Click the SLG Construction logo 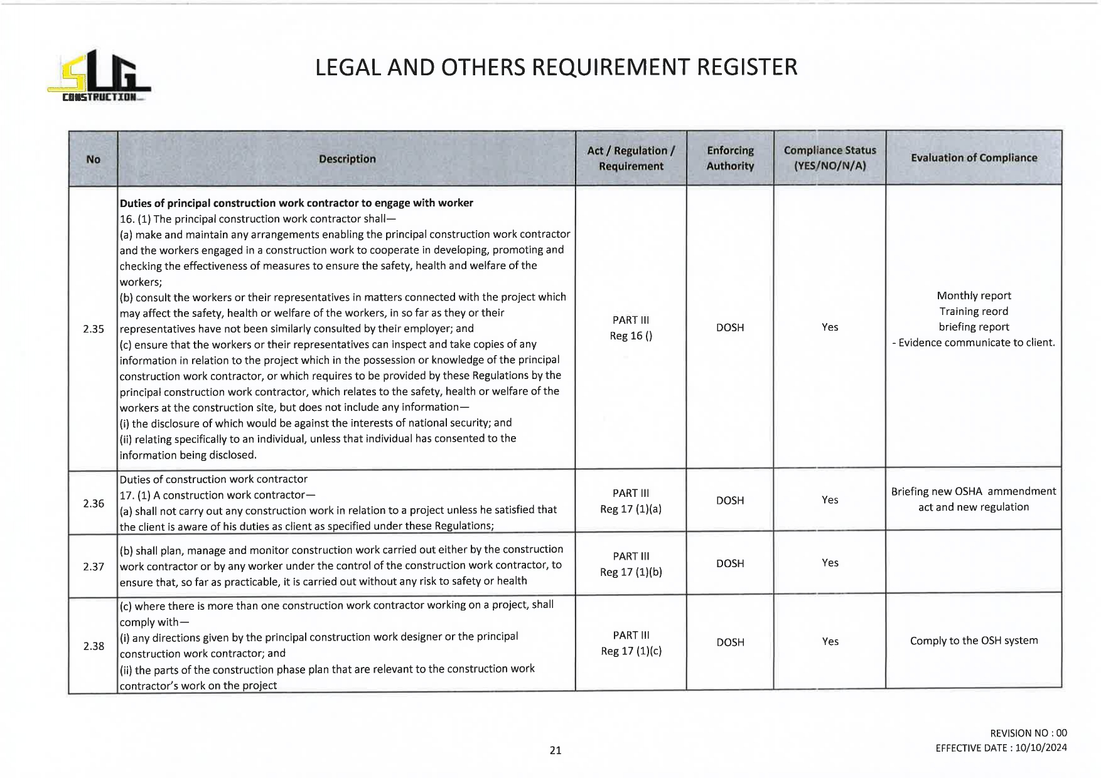99,76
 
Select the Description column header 346,159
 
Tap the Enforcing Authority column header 730,158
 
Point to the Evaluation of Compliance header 974,157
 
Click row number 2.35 94,329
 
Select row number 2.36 94,503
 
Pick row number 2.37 94,567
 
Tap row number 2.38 94,646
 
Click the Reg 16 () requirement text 631,336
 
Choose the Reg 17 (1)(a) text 631,509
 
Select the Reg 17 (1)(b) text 631,572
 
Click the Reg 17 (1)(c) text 631,651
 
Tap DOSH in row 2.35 730,328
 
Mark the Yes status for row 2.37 830,563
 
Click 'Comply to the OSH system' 974,641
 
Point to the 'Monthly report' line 974,296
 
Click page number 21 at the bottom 556,750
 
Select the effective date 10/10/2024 1040,748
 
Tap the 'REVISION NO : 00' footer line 1028,733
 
